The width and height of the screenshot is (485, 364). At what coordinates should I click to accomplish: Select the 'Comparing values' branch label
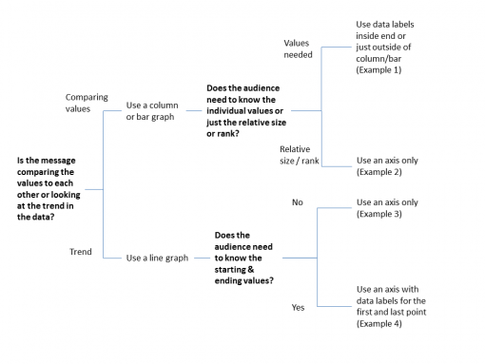(87, 104)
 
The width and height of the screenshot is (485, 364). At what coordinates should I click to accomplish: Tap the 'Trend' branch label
(80, 252)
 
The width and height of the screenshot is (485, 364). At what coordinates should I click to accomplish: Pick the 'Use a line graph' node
(157, 257)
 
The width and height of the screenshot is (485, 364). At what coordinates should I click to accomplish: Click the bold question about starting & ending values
(245, 257)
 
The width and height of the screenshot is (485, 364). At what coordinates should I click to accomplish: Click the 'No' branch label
(297, 201)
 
